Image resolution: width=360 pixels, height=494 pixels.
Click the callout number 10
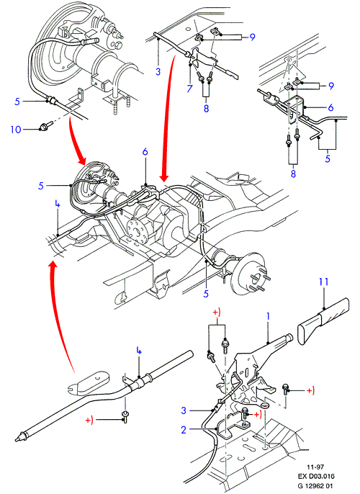pos(16,130)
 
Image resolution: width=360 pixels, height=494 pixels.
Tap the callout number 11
pos(323,282)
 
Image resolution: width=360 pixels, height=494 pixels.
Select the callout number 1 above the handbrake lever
pos(268,317)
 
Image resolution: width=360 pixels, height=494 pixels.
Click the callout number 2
pos(184,430)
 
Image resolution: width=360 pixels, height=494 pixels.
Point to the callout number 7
pos(189,88)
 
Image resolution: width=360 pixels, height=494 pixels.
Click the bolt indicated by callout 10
pos(42,127)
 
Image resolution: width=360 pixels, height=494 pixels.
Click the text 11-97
pos(315,467)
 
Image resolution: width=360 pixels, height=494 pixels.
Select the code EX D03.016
pos(316,477)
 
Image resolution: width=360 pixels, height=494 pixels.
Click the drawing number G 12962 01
pos(315,486)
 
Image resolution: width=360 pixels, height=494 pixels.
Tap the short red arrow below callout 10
pos(77,143)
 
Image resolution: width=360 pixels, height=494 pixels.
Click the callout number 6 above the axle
pos(145,151)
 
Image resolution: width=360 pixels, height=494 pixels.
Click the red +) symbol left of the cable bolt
pos(89,421)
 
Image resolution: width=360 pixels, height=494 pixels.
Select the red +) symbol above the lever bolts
pos(217,313)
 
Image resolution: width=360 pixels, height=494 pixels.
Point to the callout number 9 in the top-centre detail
pos(252,37)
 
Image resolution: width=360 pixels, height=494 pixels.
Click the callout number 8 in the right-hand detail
pos(293,174)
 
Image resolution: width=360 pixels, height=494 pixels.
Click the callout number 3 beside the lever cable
pos(184,410)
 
